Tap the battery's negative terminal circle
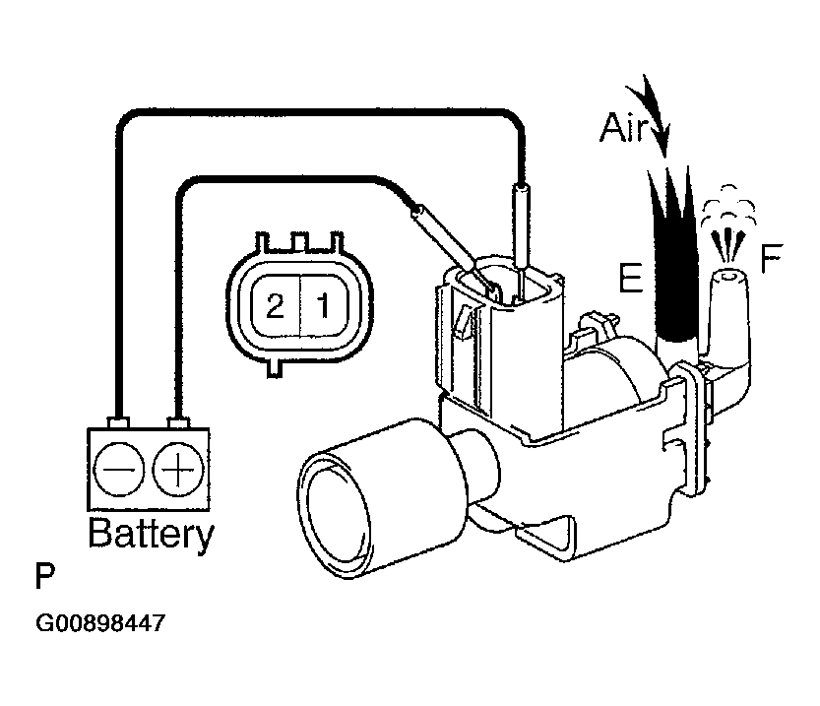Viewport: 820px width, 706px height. (121, 472)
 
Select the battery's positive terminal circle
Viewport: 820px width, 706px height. (178, 472)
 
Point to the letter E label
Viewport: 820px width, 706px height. (630, 278)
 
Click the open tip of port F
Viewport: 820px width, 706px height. (728, 279)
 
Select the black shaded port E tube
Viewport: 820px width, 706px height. (675, 266)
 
